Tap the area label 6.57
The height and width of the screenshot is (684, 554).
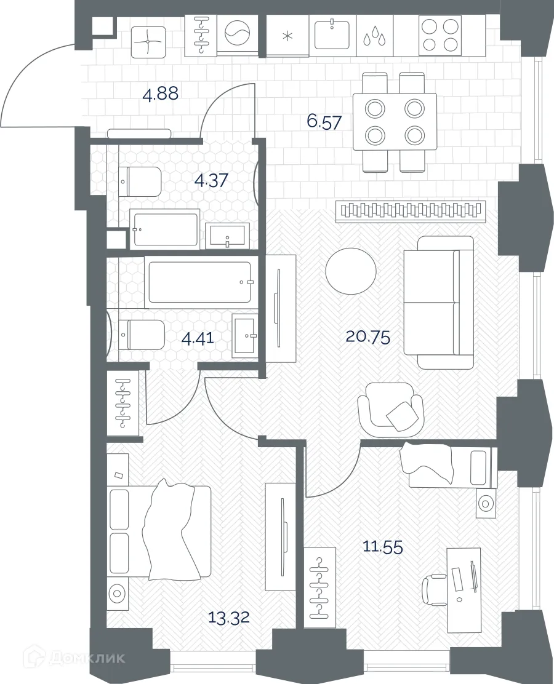click(x=324, y=121)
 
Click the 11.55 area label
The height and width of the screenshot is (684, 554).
click(x=382, y=546)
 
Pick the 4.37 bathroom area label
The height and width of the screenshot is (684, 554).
click(x=211, y=180)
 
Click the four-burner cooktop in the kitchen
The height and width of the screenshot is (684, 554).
click(x=440, y=35)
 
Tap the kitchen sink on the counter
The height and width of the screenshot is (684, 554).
click(x=332, y=34)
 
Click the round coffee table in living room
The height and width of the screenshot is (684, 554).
click(x=350, y=271)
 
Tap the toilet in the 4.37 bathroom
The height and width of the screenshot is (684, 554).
click(x=140, y=181)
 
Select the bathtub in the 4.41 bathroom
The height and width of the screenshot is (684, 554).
click(x=199, y=282)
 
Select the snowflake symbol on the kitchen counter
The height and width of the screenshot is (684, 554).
click(x=287, y=35)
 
